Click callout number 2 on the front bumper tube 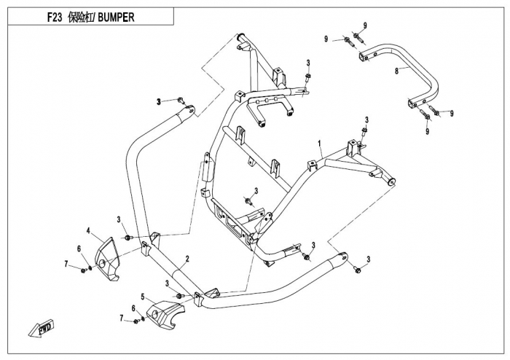187,259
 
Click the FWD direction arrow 41,329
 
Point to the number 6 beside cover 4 79,249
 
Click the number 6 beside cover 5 133,308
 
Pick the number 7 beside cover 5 121,318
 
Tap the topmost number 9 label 365,26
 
